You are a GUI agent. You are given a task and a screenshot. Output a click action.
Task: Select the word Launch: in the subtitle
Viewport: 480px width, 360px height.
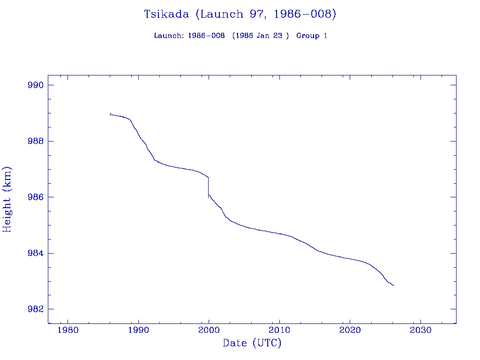pos(169,36)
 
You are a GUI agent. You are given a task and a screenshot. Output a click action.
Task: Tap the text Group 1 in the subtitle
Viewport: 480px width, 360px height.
pos(312,36)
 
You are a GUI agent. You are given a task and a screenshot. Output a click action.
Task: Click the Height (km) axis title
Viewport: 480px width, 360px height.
pos(7,199)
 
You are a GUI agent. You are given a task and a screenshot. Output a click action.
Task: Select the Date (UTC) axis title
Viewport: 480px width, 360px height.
pos(252,343)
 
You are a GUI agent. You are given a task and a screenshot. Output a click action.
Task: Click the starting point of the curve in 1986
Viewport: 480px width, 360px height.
pos(110,114)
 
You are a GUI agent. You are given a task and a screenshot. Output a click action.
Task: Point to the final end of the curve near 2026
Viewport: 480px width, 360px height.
pos(394,285)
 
